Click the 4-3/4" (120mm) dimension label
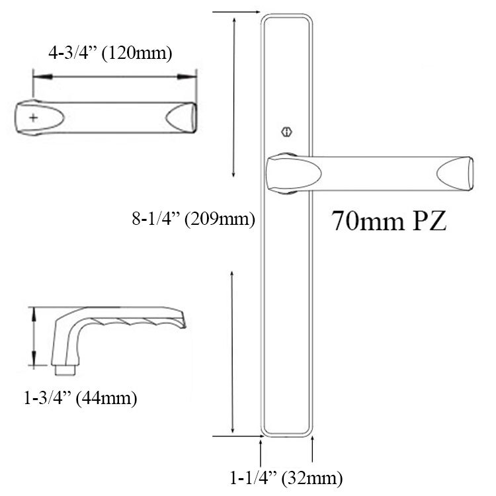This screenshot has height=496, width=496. pos(111,53)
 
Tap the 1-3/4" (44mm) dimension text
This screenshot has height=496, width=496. pos(80,399)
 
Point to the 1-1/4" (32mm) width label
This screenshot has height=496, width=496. pos(286,477)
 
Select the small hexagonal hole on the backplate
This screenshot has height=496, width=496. pos(286,131)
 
